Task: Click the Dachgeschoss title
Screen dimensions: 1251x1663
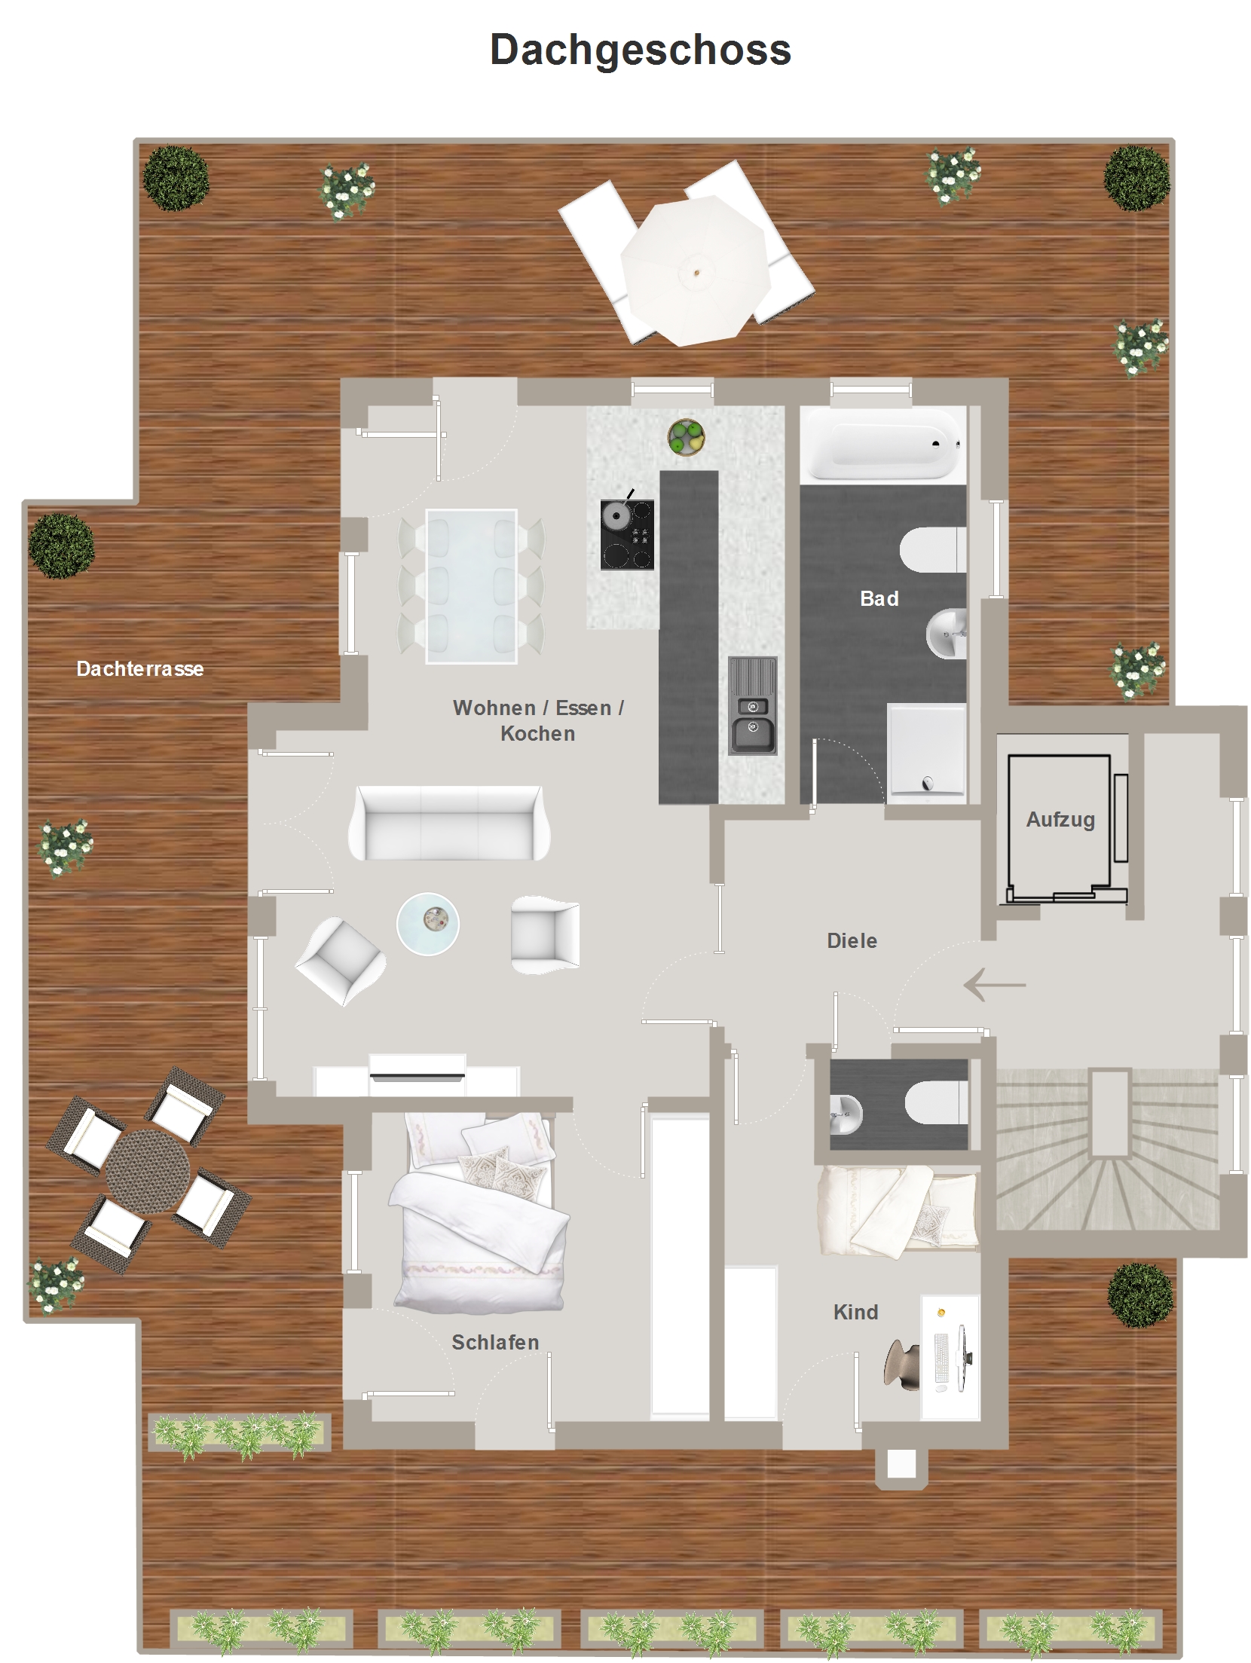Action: (x=640, y=50)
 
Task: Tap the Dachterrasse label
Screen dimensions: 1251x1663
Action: (x=140, y=668)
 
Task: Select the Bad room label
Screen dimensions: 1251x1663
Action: (x=879, y=598)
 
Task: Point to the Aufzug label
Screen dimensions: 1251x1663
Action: (x=1060, y=820)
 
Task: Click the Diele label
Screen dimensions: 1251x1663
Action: (x=852, y=940)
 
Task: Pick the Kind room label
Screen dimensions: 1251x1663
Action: (x=856, y=1312)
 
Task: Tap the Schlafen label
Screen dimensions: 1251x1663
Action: (x=495, y=1342)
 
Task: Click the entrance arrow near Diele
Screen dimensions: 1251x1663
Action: (x=995, y=984)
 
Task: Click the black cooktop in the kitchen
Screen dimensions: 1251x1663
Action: (x=627, y=534)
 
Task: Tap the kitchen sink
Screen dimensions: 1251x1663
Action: (x=752, y=705)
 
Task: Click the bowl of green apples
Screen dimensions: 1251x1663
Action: (x=687, y=437)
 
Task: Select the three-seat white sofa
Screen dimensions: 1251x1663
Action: (x=449, y=823)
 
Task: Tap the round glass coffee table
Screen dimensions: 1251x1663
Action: (x=428, y=924)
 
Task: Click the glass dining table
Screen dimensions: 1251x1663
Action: (x=471, y=586)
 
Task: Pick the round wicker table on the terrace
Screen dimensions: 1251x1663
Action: (x=148, y=1172)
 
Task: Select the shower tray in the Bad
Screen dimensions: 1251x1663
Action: (x=927, y=750)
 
